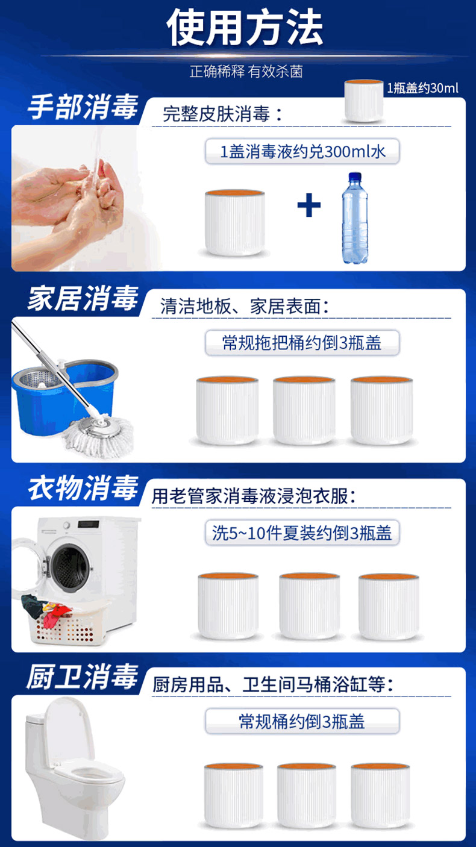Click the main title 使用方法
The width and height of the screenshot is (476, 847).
point(245,28)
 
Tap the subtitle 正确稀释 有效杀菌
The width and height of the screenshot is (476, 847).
point(246,72)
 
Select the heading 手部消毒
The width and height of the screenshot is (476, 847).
point(83,107)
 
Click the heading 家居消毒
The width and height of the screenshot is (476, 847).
point(83,298)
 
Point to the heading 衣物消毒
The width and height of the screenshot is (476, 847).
point(83,488)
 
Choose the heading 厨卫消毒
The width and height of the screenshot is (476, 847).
point(82,677)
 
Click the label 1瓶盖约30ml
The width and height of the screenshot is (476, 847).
point(422,88)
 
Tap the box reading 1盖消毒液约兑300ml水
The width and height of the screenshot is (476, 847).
point(302,152)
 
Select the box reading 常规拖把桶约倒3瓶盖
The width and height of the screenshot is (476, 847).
point(302,343)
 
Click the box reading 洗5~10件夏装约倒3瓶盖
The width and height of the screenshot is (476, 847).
point(302,533)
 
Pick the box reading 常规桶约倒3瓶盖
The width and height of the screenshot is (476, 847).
point(302,721)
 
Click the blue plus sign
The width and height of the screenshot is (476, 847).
point(309,205)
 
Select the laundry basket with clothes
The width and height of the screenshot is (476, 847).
point(63,620)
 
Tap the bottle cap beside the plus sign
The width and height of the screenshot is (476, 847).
point(235,222)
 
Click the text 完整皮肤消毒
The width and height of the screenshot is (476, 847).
point(216,114)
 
